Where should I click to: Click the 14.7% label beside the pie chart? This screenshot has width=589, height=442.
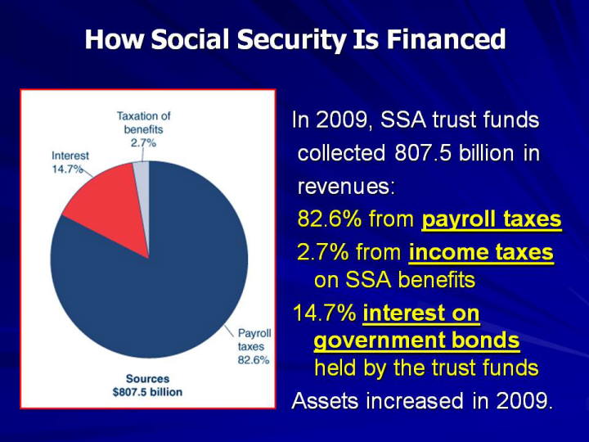[x=67, y=169]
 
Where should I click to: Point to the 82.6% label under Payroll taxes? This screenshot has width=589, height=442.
[x=254, y=360]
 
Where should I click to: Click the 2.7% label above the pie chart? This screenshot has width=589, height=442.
[x=143, y=142]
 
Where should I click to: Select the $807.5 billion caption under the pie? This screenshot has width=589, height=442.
[x=147, y=392]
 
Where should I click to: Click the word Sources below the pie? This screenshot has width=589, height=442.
[x=147, y=378]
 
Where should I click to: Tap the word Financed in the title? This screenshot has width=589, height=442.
[x=446, y=39]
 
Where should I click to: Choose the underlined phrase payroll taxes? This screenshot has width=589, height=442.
[x=492, y=219]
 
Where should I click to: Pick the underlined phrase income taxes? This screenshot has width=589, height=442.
[x=481, y=252]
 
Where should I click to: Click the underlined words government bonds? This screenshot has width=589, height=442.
[x=416, y=341]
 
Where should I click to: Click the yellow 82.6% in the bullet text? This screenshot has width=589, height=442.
[x=329, y=219]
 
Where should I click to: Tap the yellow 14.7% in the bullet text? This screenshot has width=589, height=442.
[x=324, y=313]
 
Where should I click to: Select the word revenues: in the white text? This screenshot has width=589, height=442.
[x=346, y=186]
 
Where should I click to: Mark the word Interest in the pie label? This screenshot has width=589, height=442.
[x=70, y=156]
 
